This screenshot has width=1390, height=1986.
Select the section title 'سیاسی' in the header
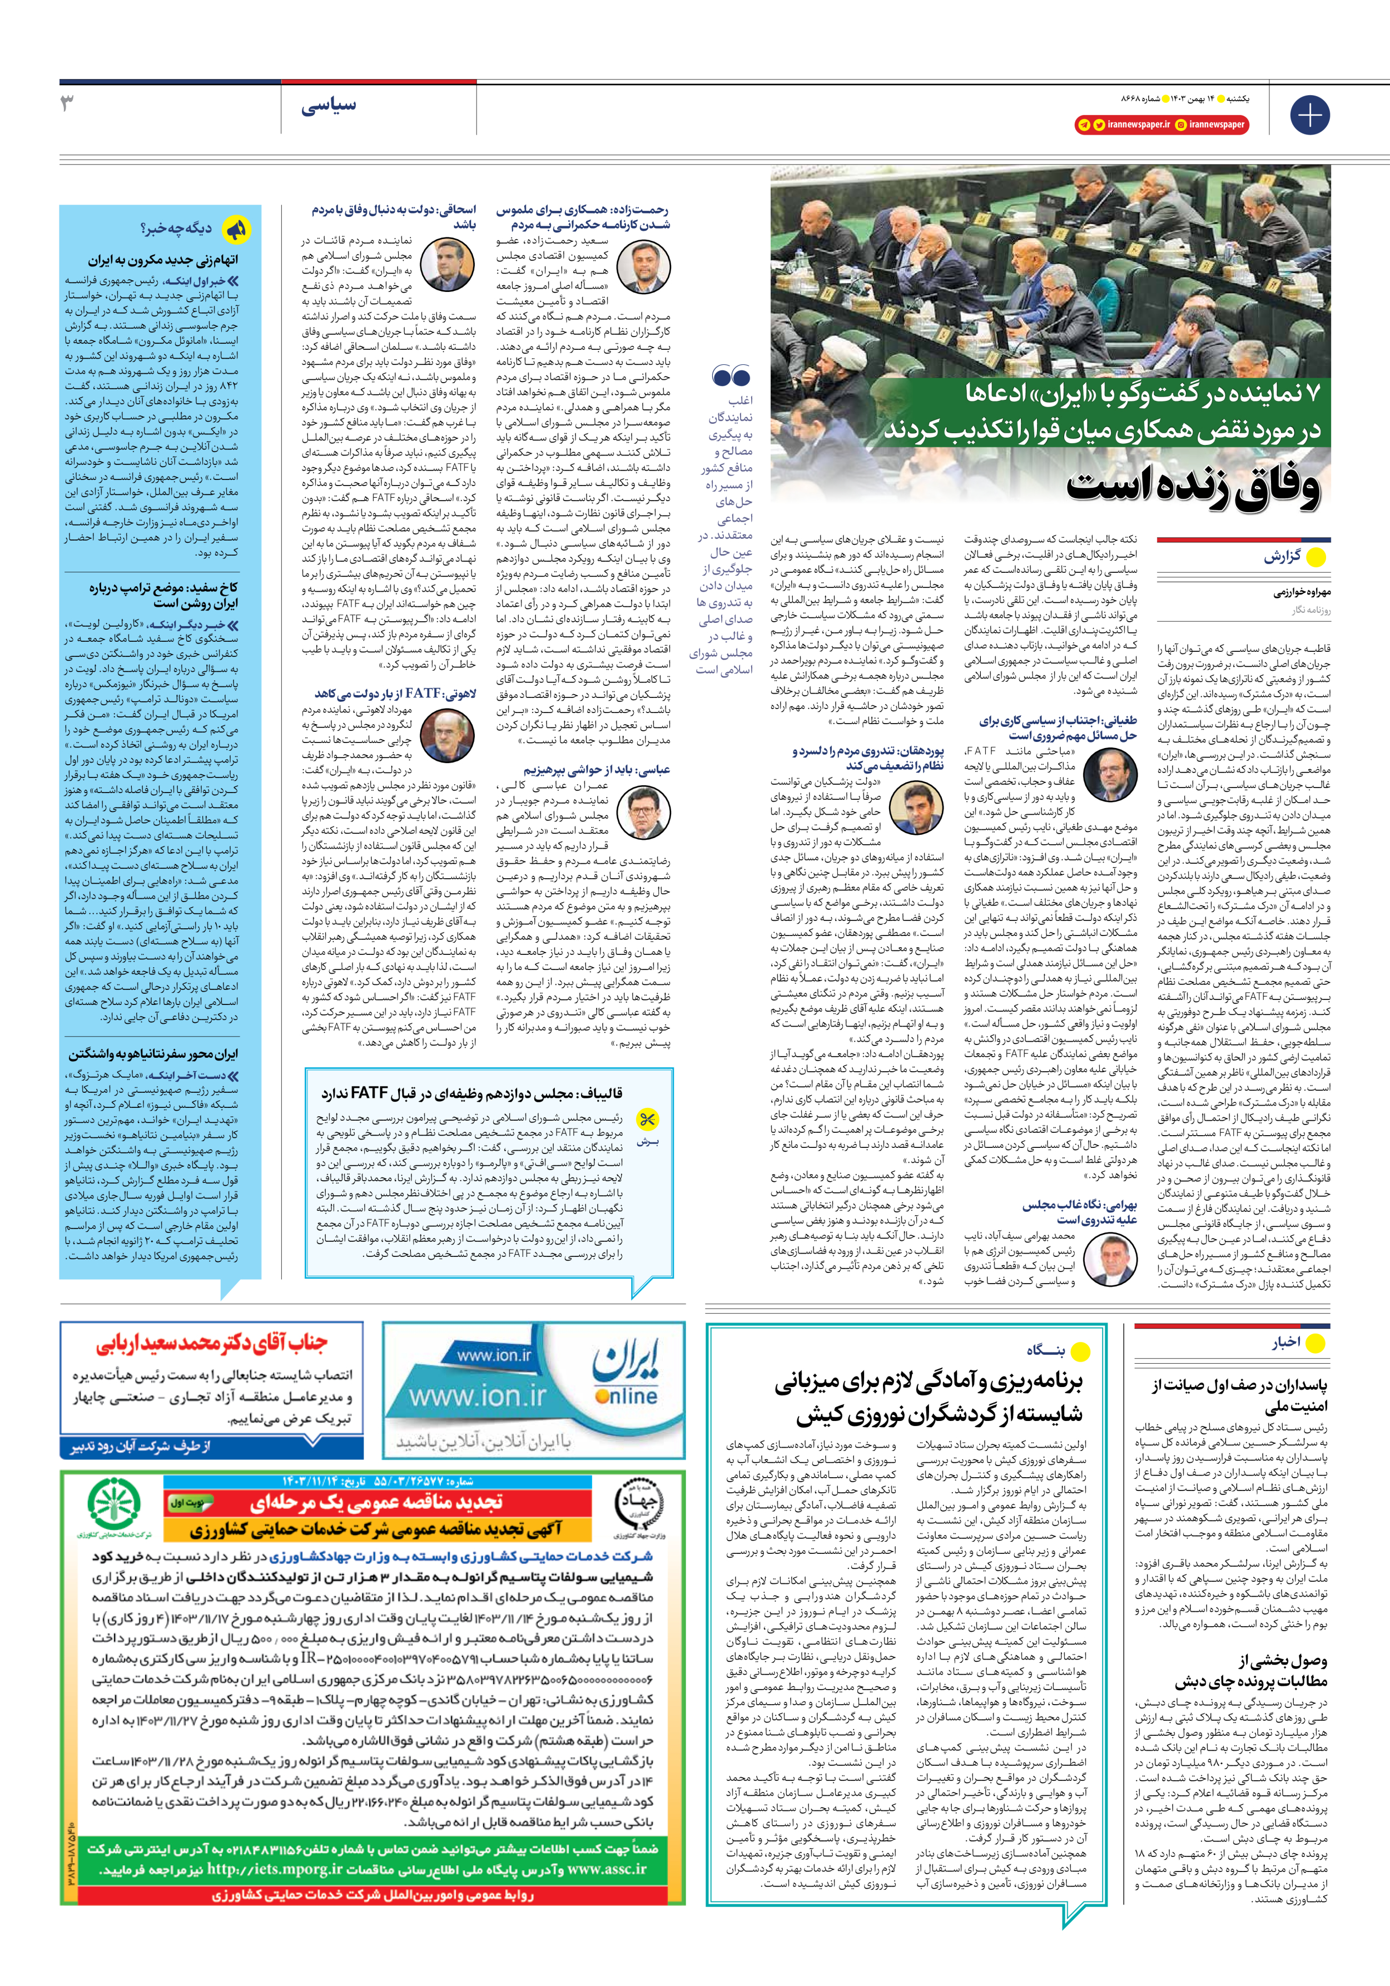(x=328, y=106)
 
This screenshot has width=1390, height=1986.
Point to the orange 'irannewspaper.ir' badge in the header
(x=1127, y=125)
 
